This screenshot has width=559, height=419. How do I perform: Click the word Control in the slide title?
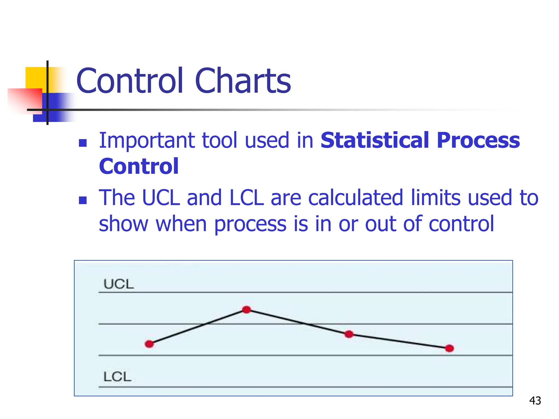(130, 81)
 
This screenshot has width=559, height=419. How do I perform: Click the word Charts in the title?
(243, 81)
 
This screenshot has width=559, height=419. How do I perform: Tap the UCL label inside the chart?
(119, 284)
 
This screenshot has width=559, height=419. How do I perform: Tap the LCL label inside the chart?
(117, 377)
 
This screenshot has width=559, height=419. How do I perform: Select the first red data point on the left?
(149, 344)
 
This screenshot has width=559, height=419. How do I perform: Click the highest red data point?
(246, 310)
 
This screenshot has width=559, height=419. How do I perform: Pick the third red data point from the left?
(349, 334)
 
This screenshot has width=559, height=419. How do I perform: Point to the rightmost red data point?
(449, 348)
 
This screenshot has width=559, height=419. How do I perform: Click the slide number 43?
(535, 401)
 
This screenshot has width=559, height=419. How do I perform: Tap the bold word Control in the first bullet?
(139, 166)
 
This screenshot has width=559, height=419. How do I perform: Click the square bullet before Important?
(83, 143)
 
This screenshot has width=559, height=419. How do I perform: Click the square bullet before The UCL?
(83, 200)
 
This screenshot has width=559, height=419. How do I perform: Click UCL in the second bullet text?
(161, 197)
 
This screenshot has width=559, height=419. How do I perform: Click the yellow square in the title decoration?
(35, 78)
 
